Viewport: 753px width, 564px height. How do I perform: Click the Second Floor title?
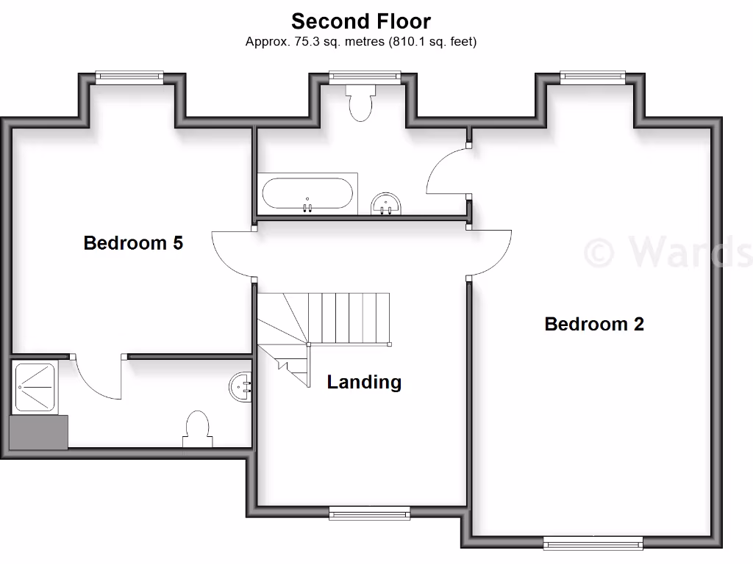point(360,21)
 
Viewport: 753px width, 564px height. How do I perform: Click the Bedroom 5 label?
point(133,242)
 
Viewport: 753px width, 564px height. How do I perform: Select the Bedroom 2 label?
point(594,324)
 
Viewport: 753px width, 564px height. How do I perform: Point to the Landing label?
point(364,382)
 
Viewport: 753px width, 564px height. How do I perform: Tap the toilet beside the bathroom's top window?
point(361,103)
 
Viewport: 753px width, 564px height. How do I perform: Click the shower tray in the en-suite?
point(36,386)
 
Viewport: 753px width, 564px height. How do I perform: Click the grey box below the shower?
point(38,432)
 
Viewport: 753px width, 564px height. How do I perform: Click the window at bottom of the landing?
point(369,513)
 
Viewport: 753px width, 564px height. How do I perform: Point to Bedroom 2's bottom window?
point(593,543)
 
